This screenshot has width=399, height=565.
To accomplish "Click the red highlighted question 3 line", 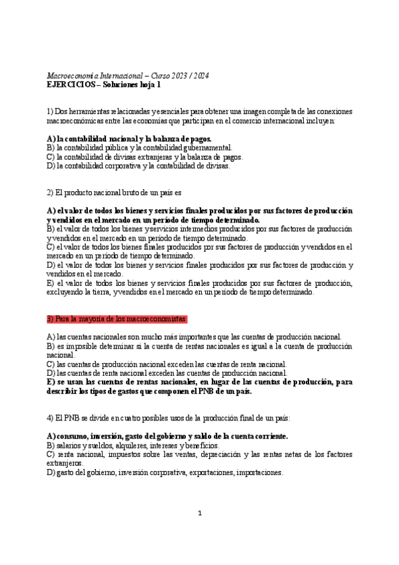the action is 117,319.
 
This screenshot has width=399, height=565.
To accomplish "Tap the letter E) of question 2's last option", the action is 51,283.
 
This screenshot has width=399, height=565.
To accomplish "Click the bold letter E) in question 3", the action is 51,382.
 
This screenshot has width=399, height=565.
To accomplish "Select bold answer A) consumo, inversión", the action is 167,436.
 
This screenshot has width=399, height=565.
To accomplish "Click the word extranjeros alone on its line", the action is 66,463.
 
